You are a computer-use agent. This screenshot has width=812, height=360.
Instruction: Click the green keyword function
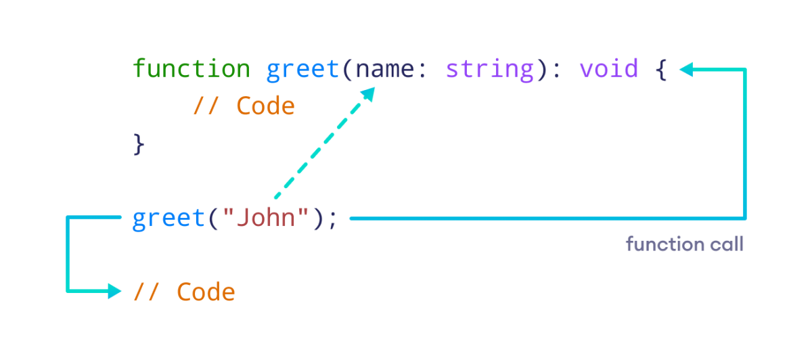pyautogui.click(x=191, y=69)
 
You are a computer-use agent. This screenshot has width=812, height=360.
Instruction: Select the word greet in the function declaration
pyautogui.click(x=303, y=69)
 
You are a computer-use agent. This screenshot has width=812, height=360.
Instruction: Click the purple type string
pyautogui.click(x=490, y=70)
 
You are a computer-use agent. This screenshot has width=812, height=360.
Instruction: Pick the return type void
pyautogui.click(x=608, y=69)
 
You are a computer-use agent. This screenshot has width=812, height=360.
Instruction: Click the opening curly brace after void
pyautogui.click(x=661, y=70)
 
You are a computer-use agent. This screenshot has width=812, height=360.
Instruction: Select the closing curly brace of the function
pyautogui.click(x=139, y=144)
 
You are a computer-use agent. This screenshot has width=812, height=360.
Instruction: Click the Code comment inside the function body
pyautogui.click(x=265, y=106)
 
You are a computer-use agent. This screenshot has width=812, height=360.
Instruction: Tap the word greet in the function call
pyautogui.click(x=168, y=219)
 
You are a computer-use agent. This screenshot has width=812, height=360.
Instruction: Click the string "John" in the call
pyautogui.click(x=266, y=219)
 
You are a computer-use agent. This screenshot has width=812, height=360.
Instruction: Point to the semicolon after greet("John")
pyautogui.click(x=332, y=220)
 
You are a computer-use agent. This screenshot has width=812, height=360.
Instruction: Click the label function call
pyautogui.click(x=684, y=244)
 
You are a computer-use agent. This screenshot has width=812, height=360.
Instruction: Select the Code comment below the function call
pyautogui.click(x=206, y=292)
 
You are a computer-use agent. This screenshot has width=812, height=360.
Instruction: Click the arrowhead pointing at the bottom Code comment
pyautogui.click(x=114, y=292)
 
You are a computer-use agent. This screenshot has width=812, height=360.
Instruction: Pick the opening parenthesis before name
pyautogui.click(x=348, y=70)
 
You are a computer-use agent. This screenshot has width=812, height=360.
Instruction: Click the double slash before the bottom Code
pyautogui.click(x=146, y=292)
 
